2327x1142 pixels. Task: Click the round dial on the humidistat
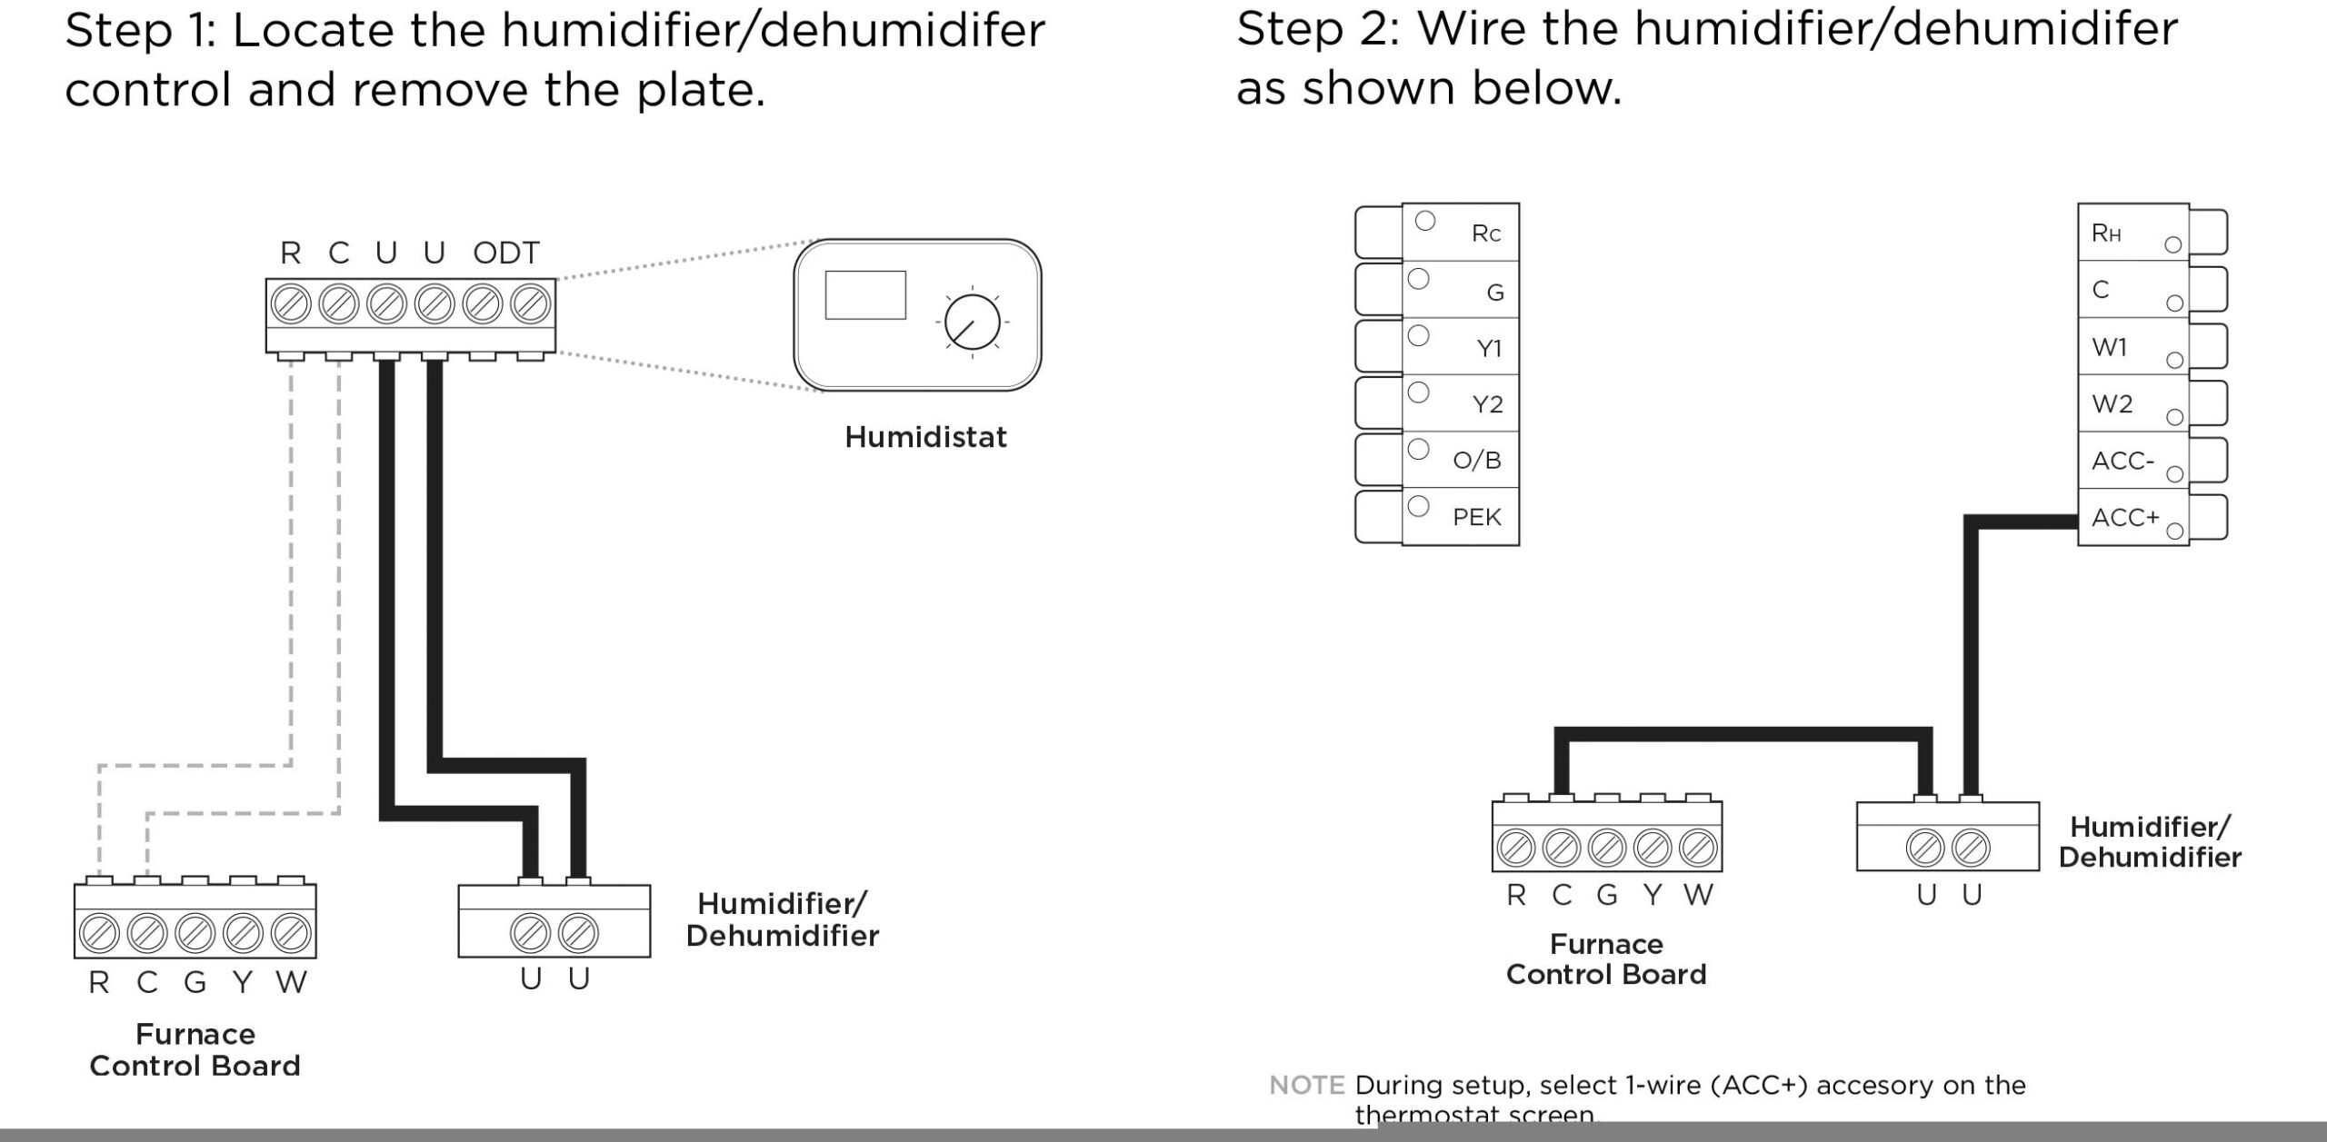click(x=972, y=323)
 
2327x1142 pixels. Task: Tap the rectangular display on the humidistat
click(x=864, y=294)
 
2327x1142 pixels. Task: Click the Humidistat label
click(x=925, y=437)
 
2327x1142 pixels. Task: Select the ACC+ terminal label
click(x=2124, y=517)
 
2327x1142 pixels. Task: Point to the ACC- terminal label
click(x=2122, y=461)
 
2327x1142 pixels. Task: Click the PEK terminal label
click(x=1476, y=517)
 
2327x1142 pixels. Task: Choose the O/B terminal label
click(x=1476, y=460)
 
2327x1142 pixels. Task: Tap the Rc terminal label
click(x=1485, y=233)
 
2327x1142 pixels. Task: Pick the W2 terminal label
click(x=2112, y=403)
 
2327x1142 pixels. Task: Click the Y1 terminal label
click(x=1489, y=348)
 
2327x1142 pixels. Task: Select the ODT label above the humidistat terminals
click(x=506, y=253)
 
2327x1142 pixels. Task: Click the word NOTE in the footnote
click(x=1306, y=1085)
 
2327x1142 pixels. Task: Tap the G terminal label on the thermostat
click(x=1494, y=292)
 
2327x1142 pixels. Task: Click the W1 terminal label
click(x=2109, y=347)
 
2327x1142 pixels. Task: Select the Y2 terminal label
click(x=1487, y=403)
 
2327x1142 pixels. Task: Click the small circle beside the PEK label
click(x=1418, y=506)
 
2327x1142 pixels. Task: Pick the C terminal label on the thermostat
click(x=2100, y=290)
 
